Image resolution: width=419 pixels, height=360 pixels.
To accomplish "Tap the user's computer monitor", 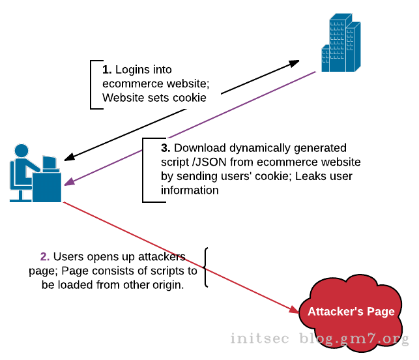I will pos(49,162).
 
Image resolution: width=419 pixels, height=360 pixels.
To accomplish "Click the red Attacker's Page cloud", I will pos(351,311).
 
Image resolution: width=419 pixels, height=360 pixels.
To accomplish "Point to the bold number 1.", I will pos(107,70).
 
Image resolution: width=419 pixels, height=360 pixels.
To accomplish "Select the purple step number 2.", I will pos(44,257).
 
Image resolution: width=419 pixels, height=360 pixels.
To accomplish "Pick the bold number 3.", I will pos(166,147).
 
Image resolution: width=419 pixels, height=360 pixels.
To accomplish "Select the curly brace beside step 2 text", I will pos(207,267).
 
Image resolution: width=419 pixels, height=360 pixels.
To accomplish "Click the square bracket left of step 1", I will pos(92,85).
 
